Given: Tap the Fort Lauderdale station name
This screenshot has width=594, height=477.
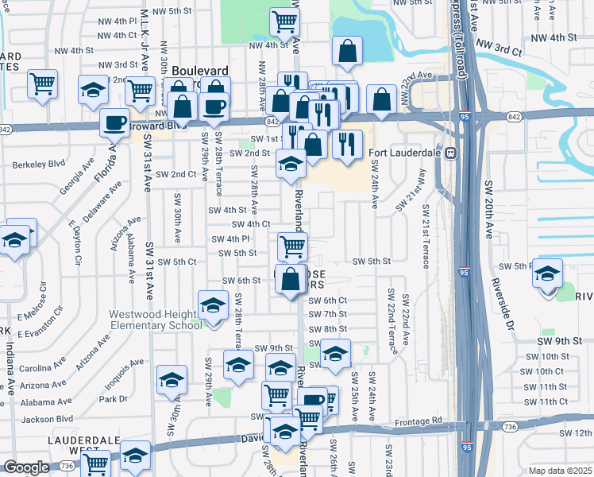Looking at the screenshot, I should click(x=409, y=153).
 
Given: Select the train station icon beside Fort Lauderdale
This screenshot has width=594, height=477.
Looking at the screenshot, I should click(x=450, y=153).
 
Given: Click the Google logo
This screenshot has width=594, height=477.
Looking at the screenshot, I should click(x=26, y=467).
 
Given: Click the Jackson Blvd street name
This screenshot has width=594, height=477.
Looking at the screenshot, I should click(x=48, y=418).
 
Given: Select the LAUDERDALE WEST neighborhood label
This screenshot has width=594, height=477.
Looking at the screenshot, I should click(x=83, y=445).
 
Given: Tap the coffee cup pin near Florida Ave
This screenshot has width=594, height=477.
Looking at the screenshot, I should click(x=114, y=123).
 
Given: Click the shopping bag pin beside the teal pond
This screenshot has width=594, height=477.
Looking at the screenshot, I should click(x=348, y=52).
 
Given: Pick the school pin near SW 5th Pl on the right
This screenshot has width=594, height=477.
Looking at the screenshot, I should click(x=546, y=274).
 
